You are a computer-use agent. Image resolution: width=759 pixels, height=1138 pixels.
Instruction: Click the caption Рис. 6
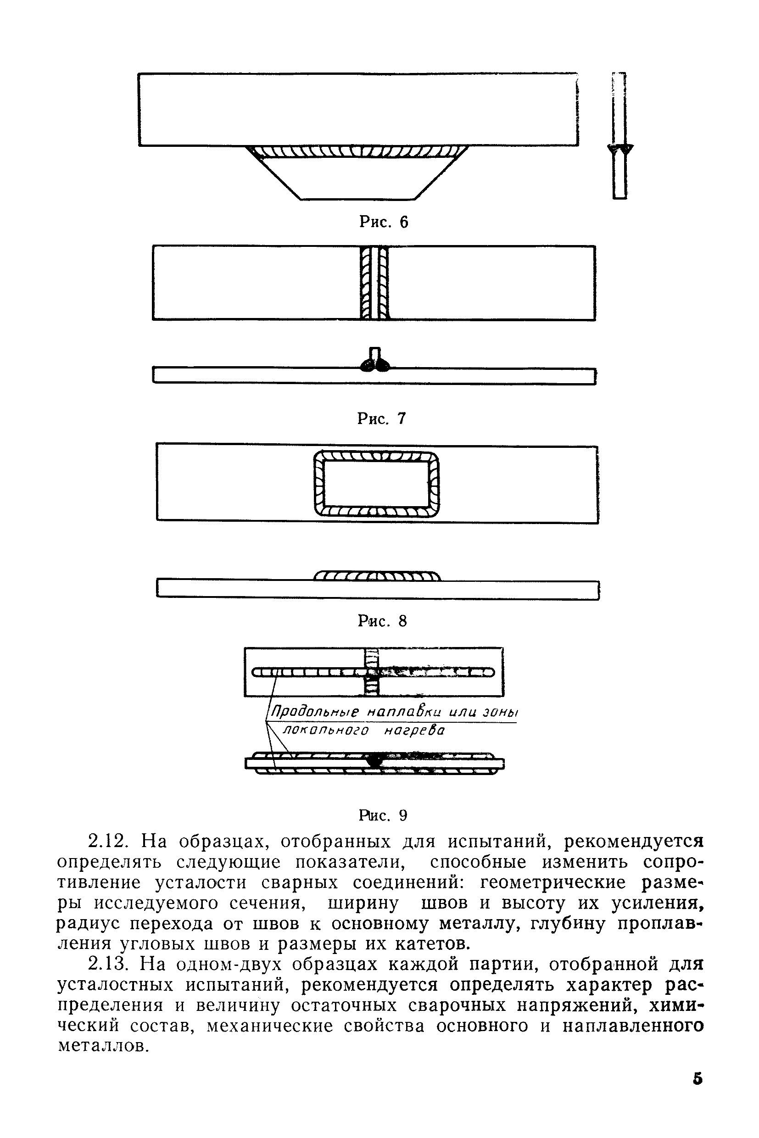[383, 222]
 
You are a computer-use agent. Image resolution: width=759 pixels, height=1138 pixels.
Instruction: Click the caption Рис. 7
[381, 418]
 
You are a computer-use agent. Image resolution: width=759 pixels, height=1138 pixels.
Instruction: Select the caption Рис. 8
[382, 620]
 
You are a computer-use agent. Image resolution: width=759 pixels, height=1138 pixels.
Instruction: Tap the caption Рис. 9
[383, 815]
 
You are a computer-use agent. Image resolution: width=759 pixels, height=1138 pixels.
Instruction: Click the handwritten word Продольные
[315, 712]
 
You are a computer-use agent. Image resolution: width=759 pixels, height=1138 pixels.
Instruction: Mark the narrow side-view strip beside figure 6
[619, 135]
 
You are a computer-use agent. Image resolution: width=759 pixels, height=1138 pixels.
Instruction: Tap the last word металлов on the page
[102, 1046]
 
